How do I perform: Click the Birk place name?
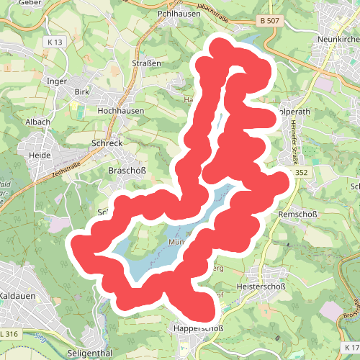click(81, 92)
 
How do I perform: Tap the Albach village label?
click(38, 122)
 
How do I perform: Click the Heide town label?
click(38, 155)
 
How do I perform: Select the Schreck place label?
click(107, 143)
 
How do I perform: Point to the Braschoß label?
click(127, 171)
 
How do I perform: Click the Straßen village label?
click(146, 63)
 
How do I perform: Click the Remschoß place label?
click(297, 215)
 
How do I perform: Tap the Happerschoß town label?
click(197, 329)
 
